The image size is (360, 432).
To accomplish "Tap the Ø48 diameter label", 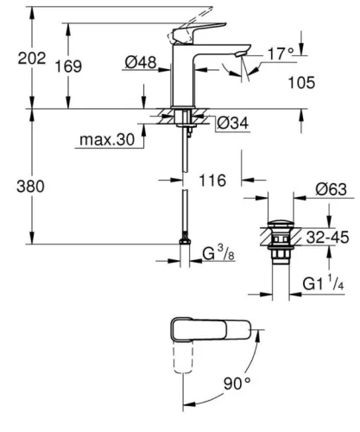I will [x=140, y=62].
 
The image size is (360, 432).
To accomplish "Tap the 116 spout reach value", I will [x=212, y=181].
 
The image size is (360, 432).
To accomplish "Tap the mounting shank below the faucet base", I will [x=183, y=121].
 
